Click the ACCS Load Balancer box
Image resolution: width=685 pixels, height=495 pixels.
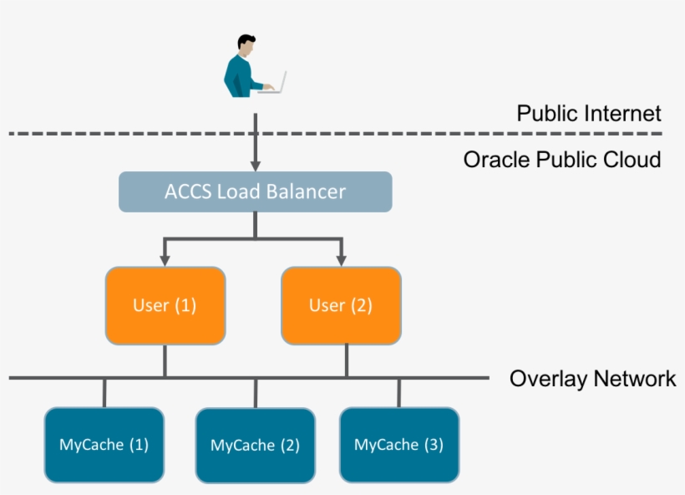click(x=255, y=191)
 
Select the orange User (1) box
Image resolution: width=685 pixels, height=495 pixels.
click(x=165, y=305)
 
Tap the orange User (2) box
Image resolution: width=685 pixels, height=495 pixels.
click(x=341, y=305)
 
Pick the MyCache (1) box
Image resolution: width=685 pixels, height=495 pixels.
click(x=104, y=445)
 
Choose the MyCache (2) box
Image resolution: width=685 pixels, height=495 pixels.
click(x=255, y=446)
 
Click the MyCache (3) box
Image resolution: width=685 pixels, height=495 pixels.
click(x=398, y=445)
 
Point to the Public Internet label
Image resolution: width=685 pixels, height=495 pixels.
click(x=588, y=114)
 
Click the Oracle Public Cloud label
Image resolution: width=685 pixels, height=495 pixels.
click(x=562, y=159)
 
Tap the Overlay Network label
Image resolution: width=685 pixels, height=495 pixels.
click(x=592, y=379)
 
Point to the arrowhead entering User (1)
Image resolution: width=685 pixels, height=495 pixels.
click(x=165, y=260)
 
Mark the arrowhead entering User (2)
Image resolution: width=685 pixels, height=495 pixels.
click(x=341, y=260)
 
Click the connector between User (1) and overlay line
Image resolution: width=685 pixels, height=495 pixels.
click(x=165, y=361)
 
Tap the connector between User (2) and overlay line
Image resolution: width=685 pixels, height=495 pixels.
click(x=346, y=361)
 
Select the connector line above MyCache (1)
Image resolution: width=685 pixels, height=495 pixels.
click(x=104, y=393)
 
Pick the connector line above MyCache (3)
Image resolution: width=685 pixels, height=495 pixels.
click(x=398, y=393)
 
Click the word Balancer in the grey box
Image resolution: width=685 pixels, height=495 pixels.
click(x=306, y=191)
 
